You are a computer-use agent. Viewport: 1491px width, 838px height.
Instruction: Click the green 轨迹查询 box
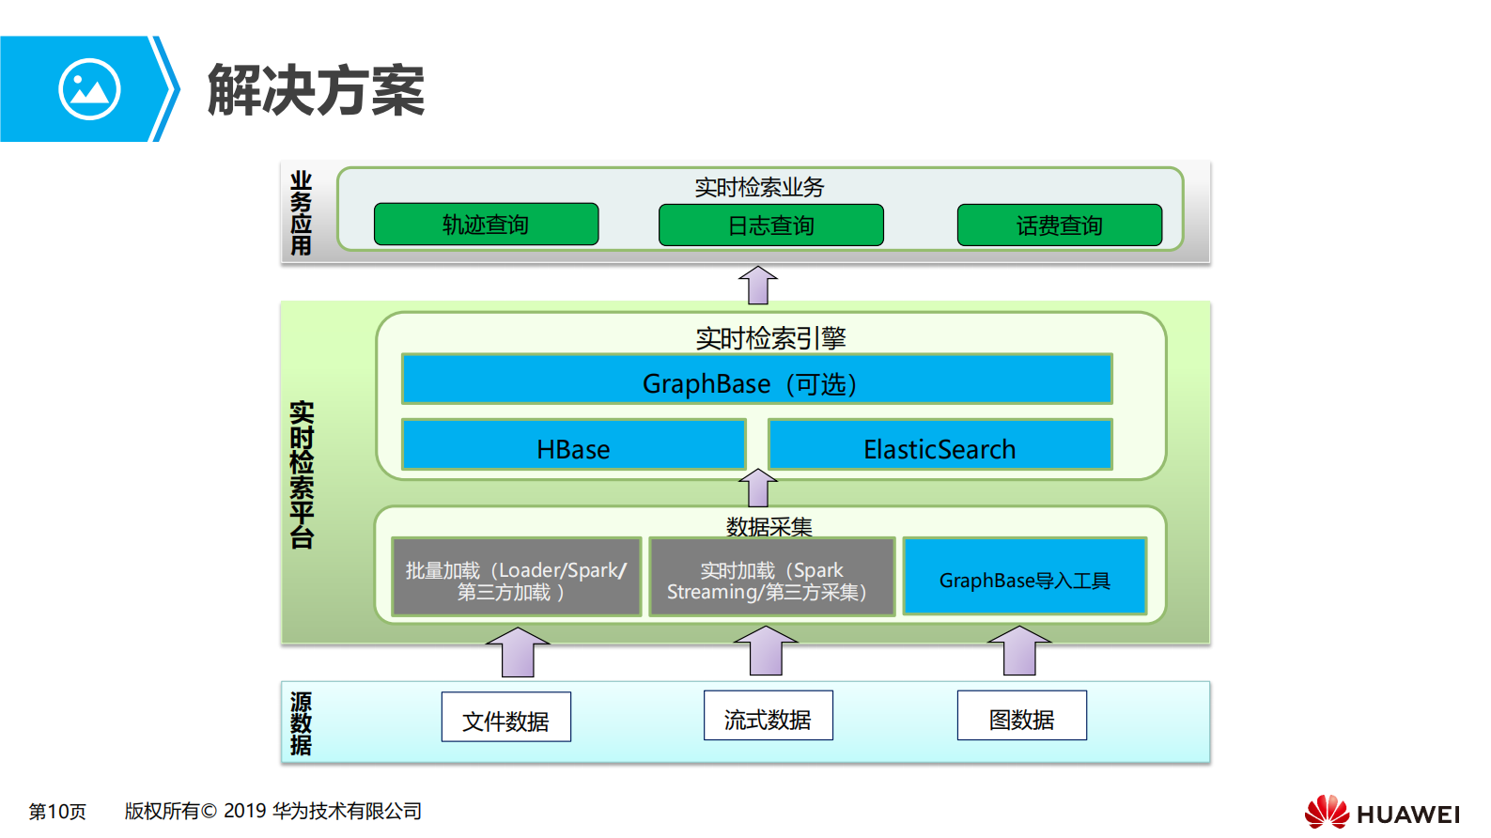pyautogui.click(x=486, y=225)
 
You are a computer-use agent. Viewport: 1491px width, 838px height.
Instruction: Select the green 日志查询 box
pyautogui.click(x=770, y=225)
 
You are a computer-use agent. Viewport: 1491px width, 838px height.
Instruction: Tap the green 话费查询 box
pyautogui.click(x=1059, y=225)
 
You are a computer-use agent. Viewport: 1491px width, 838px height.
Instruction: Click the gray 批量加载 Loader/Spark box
pyautogui.click(x=516, y=577)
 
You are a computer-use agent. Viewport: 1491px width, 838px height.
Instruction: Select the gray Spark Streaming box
pyautogui.click(x=771, y=577)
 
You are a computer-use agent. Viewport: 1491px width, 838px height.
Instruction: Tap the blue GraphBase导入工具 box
pyautogui.click(x=1024, y=577)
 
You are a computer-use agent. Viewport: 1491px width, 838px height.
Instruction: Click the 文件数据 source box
pyautogui.click(x=505, y=718)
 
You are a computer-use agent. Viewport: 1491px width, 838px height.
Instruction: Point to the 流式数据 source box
pyautogui.click(x=768, y=716)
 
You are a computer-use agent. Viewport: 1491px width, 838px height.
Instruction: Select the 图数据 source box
pyautogui.click(x=1021, y=716)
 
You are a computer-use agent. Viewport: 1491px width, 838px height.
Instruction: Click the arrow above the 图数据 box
pyautogui.click(x=1019, y=650)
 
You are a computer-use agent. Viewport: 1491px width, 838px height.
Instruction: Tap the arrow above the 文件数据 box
pyautogui.click(x=518, y=652)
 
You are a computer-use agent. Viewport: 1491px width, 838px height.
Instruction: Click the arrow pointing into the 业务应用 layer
pyautogui.click(x=757, y=285)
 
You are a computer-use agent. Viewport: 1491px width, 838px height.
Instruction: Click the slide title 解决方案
pyautogui.click(x=316, y=91)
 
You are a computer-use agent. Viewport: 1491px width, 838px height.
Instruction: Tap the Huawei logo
pyautogui.click(x=1381, y=812)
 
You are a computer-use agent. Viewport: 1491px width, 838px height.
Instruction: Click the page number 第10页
pyautogui.click(x=57, y=811)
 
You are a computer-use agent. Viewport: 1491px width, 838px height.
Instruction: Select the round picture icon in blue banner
pyautogui.click(x=89, y=89)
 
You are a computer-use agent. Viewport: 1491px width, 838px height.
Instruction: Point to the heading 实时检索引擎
pyautogui.click(x=770, y=337)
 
